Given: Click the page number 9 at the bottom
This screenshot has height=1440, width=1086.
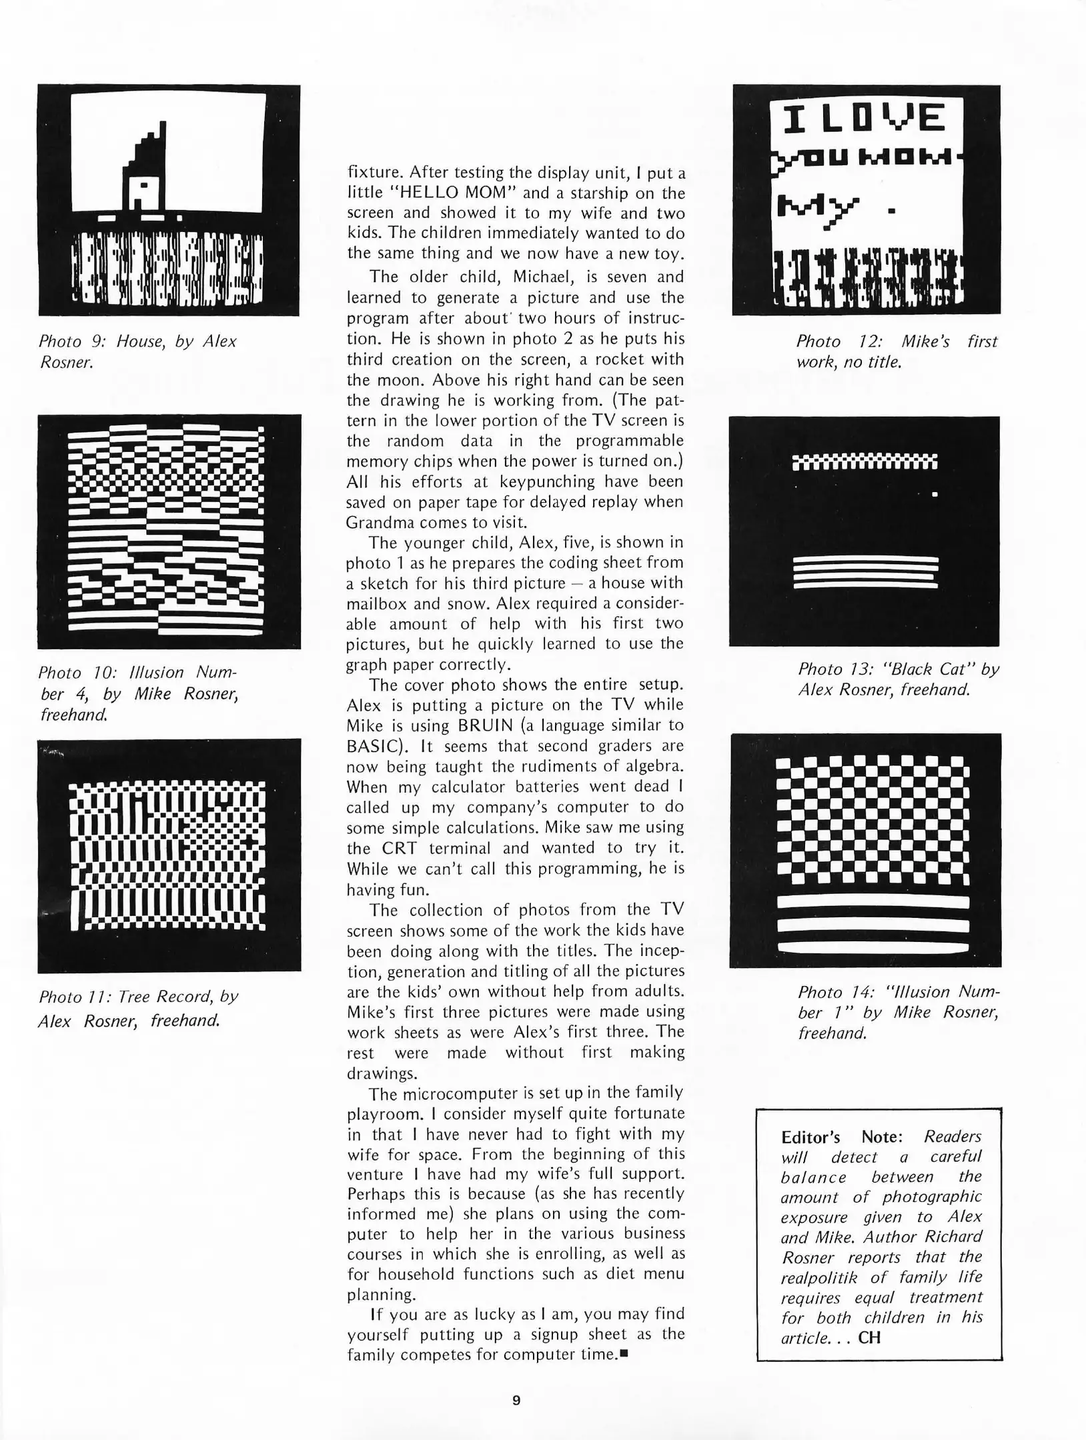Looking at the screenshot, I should coord(516,1400).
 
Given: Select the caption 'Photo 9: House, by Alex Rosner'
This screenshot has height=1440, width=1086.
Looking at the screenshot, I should coord(137,351).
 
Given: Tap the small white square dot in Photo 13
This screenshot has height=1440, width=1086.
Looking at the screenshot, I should coord(935,495).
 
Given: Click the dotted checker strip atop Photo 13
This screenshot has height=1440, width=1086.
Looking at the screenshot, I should coord(865,462).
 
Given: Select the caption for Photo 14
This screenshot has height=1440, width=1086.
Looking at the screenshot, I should coord(898,1012).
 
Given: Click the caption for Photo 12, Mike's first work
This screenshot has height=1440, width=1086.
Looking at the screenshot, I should coord(896,351).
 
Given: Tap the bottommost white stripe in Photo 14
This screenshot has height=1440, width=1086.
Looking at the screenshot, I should coord(873,947).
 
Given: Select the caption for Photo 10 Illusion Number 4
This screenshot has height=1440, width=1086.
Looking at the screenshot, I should coord(138,693).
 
